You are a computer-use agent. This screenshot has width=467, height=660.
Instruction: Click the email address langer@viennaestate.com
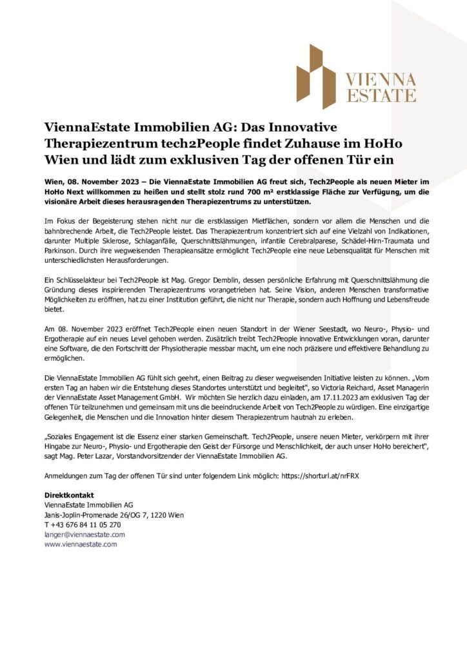click(x=84, y=534)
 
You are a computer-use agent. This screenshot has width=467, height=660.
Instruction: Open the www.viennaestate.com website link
click(x=81, y=544)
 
